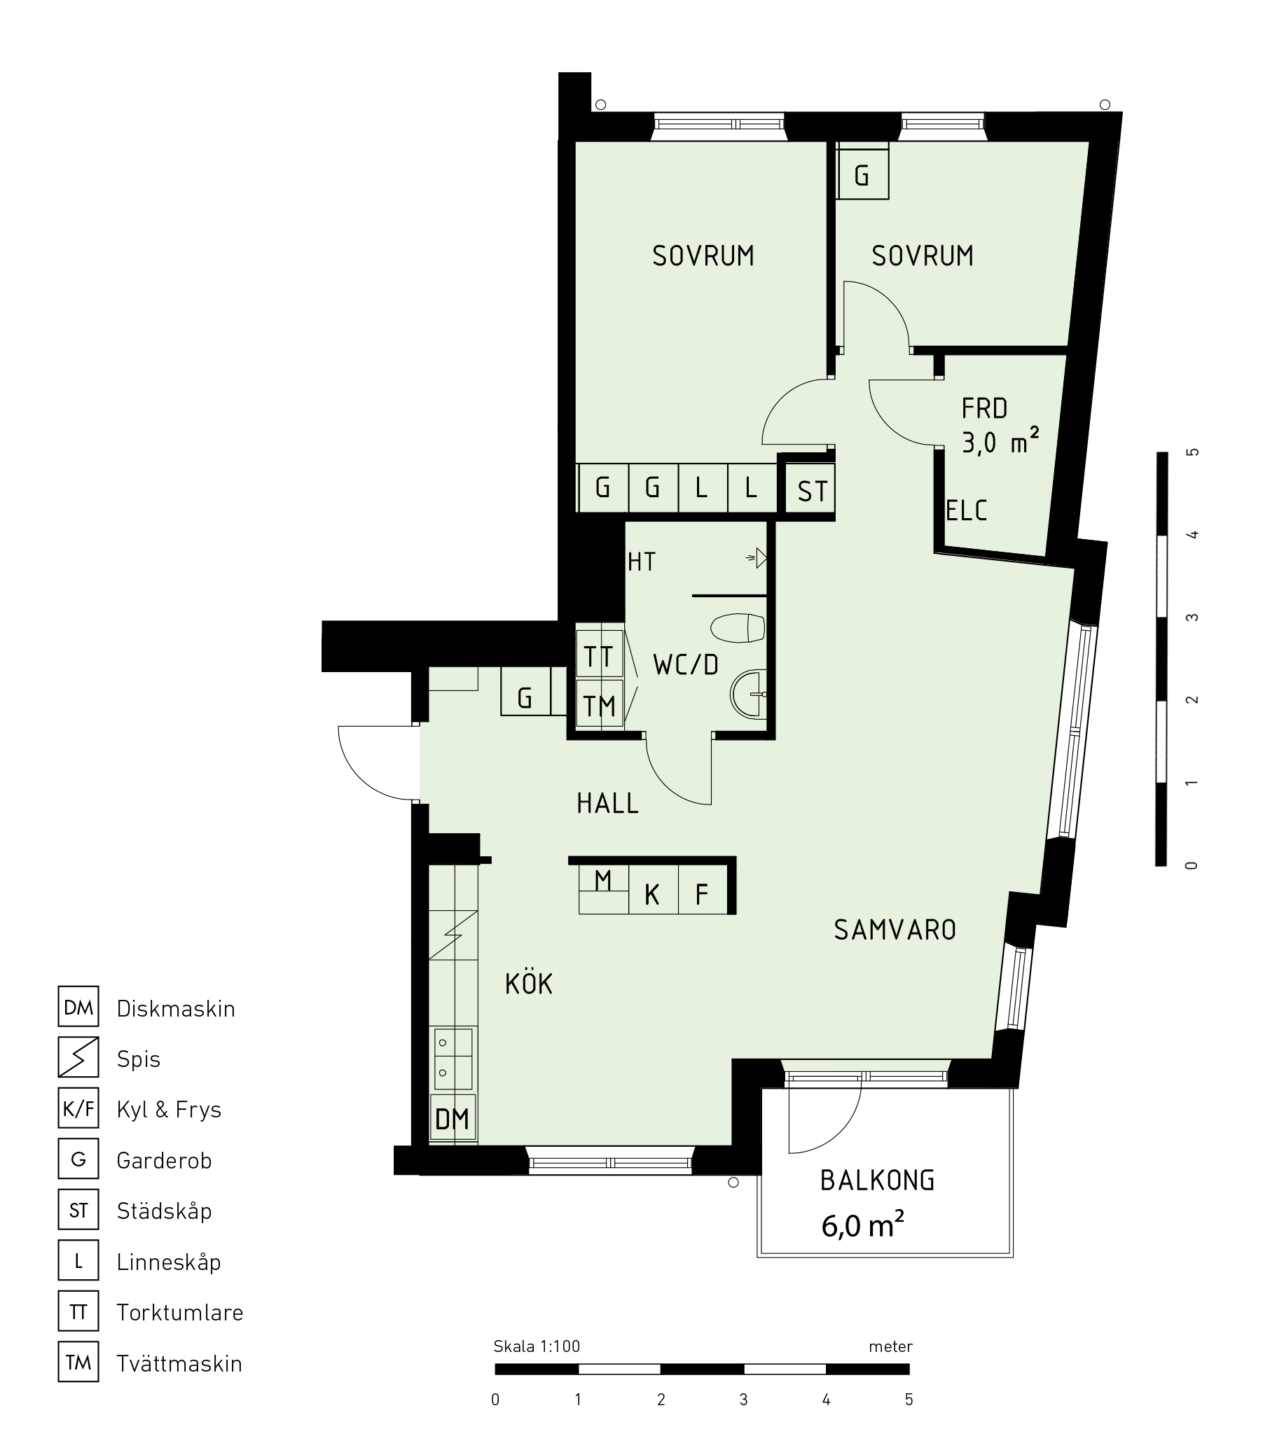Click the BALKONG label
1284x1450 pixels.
[x=876, y=1180]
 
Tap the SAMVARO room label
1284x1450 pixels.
[x=895, y=930]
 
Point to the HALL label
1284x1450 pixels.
[x=607, y=804]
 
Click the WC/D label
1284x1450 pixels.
[x=686, y=664]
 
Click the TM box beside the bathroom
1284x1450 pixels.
[x=599, y=704]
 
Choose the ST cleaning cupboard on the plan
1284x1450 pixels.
[x=810, y=490]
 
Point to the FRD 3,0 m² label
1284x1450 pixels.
[x=1000, y=426]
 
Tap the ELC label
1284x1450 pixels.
[x=966, y=511]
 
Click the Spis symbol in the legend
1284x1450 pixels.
[x=78, y=1057]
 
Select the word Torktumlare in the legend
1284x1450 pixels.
[x=179, y=1312]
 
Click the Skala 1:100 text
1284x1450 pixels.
[x=537, y=1346]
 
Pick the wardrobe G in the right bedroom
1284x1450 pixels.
[x=862, y=174]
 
